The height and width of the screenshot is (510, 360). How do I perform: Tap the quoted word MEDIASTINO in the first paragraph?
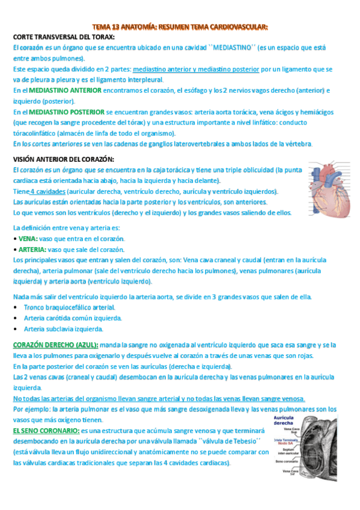click(221, 48)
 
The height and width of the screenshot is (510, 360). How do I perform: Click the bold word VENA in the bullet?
click(28, 238)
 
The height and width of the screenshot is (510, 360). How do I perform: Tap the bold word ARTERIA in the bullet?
click(32, 249)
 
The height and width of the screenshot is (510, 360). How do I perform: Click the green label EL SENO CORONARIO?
click(46, 431)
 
